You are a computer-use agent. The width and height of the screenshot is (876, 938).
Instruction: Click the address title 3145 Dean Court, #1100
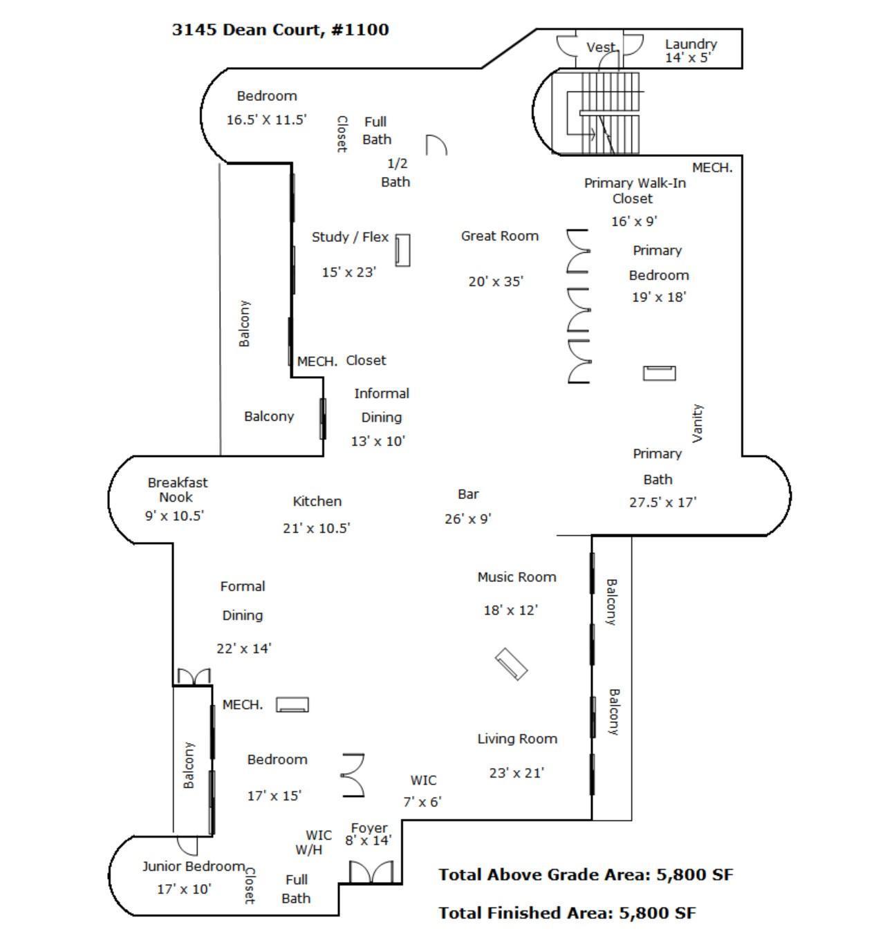[x=280, y=30]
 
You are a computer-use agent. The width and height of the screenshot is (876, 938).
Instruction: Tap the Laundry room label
[x=690, y=44]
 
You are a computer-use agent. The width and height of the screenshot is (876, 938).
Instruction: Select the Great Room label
[x=499, y=236]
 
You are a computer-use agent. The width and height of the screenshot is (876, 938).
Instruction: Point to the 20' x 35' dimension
[x=496, y=282]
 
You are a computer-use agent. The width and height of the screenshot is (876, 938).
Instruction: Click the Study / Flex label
[x=350, y=237]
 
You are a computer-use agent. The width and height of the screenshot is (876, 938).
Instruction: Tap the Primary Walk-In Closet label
[x=634, y=191]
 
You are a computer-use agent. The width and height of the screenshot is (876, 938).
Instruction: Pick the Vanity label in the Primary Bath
[x=697, y=423]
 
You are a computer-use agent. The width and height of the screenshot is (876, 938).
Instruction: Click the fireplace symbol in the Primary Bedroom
[x=659, y=373]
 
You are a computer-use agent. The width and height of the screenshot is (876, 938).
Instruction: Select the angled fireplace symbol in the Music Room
[x=511, y=664]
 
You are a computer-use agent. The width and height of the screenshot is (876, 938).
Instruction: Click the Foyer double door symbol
[x=371, y=872]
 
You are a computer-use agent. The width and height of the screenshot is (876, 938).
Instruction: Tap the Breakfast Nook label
[x=177, y=489]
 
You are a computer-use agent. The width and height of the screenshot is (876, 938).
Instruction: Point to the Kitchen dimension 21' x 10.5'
[x=316, y=529]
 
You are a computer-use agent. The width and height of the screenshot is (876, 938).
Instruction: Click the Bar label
[x=468, y=495]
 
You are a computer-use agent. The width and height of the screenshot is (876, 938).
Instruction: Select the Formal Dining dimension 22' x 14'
[x=243, y=649]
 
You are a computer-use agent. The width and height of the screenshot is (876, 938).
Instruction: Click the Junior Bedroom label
[x=194, y=867]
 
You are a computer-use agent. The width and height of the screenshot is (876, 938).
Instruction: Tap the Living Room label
[x=517, y=739]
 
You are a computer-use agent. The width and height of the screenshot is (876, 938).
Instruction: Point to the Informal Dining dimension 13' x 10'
[x=378, y=442]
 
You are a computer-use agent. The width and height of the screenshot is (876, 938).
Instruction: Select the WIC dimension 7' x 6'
[x=422, y=803]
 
